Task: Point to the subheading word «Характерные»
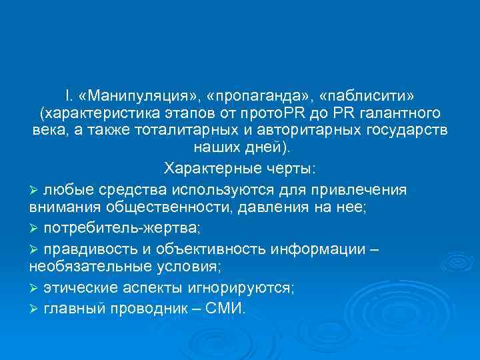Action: point(205,166)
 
